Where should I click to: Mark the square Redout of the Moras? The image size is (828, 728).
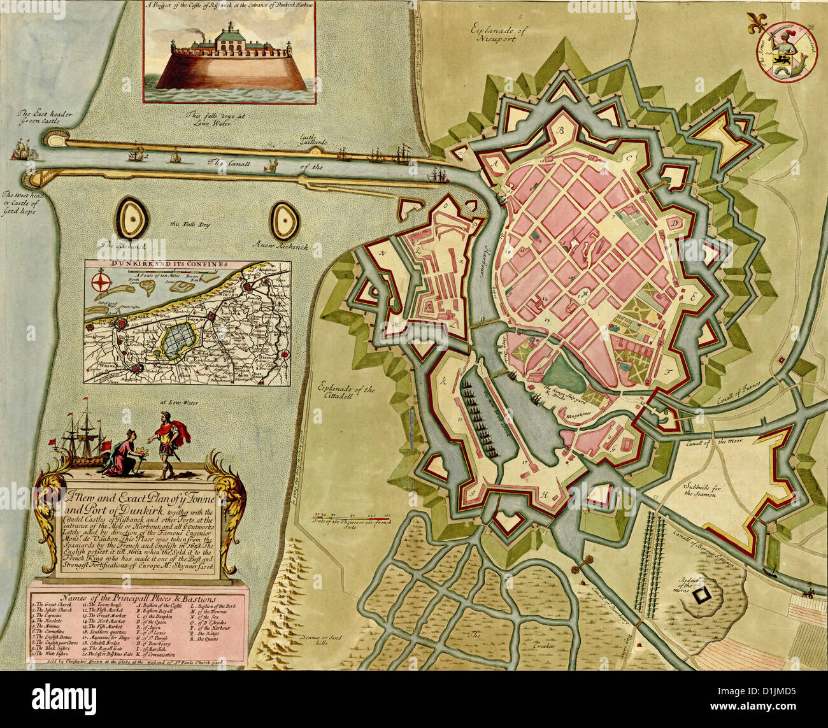701,595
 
